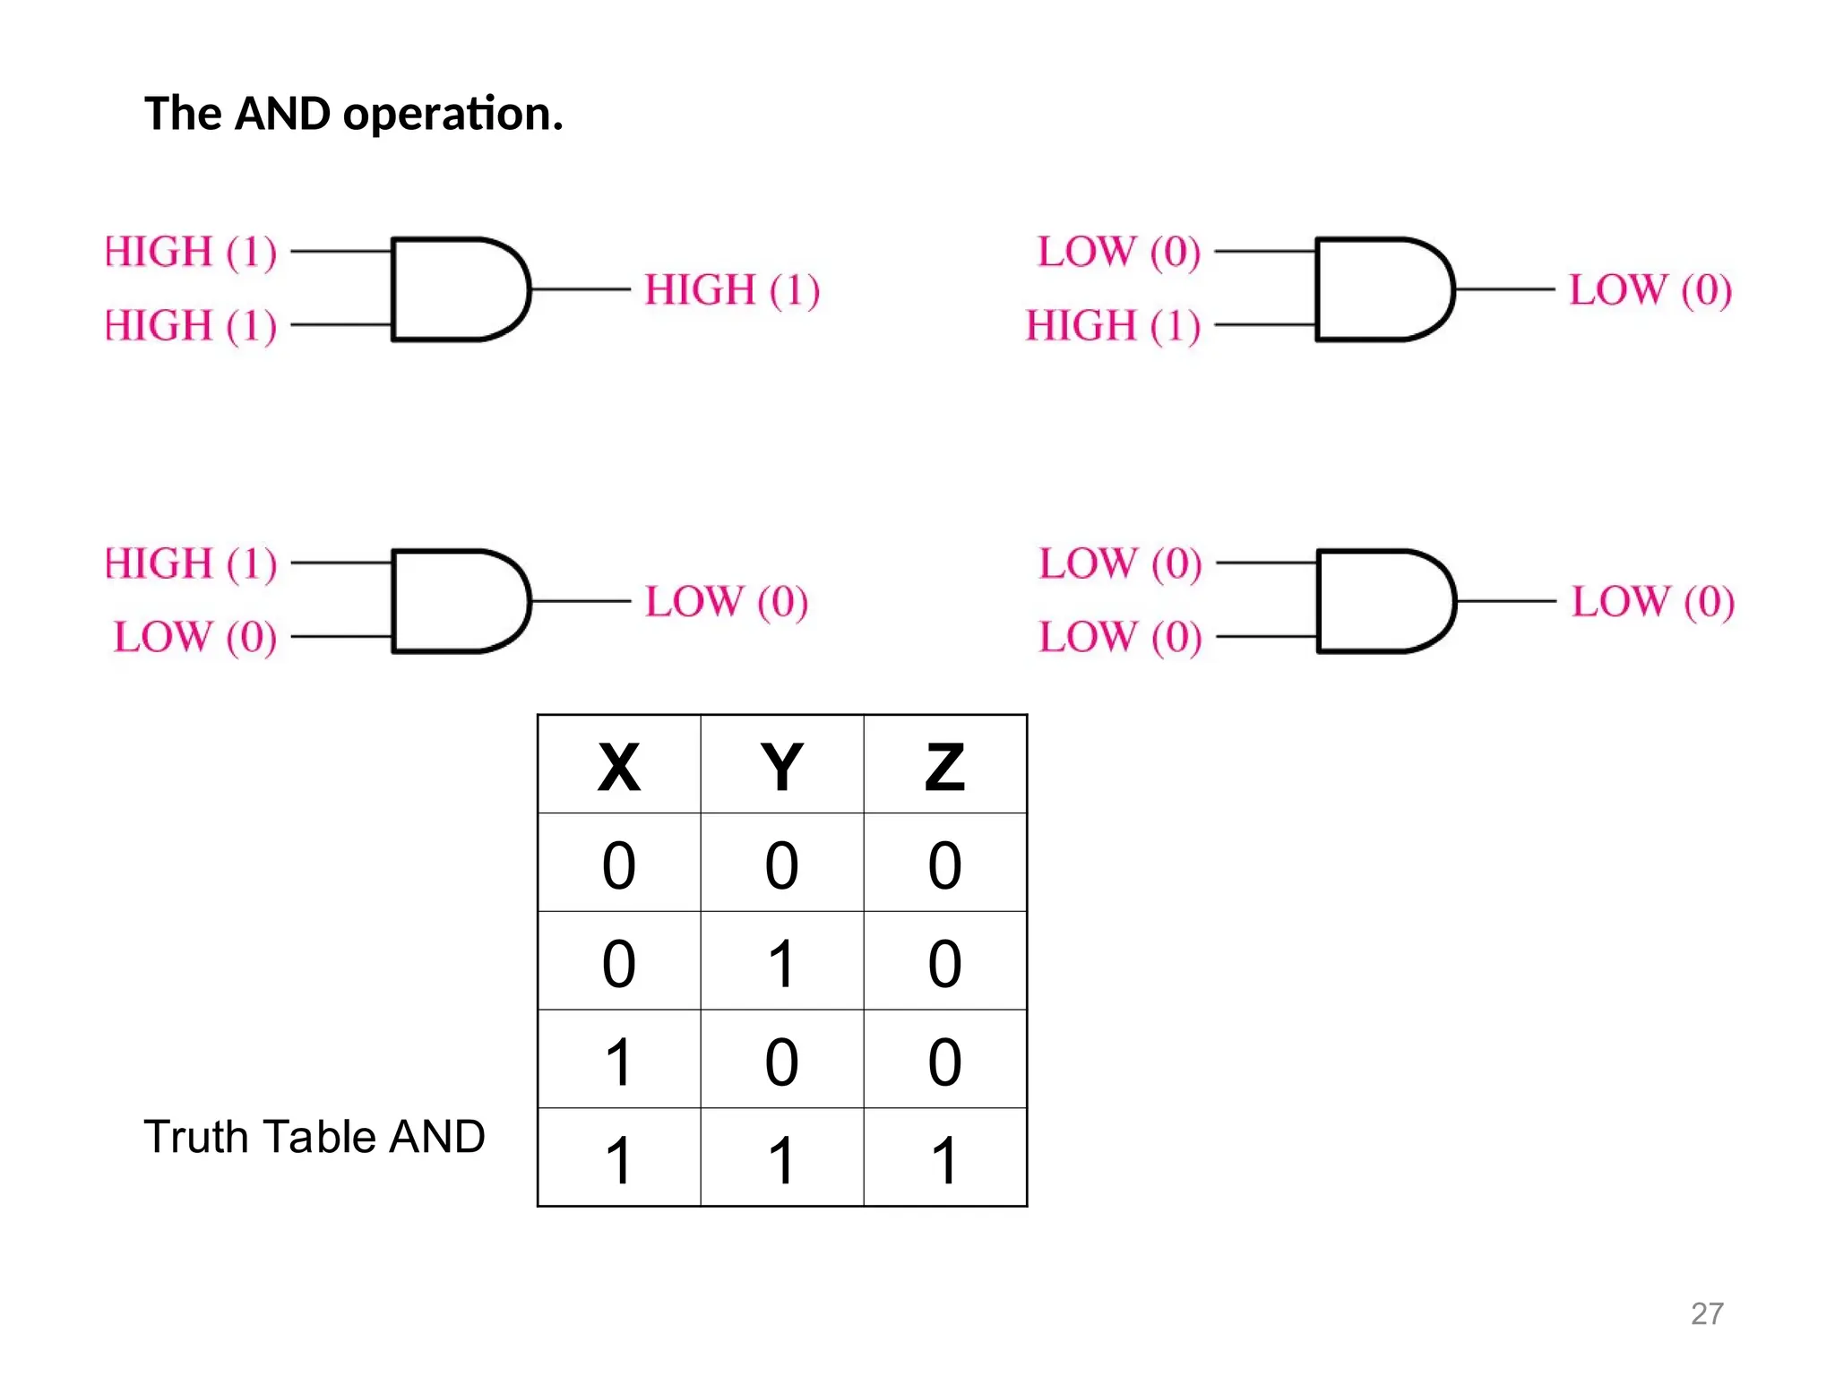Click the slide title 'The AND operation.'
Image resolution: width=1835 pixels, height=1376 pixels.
[353, 114]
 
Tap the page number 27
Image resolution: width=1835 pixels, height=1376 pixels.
[1706, 1313]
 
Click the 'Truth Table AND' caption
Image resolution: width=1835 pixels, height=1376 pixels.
[314, 1136]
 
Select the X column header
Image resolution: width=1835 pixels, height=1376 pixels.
[618, 767]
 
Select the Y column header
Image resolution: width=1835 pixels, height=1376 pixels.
[781, 767]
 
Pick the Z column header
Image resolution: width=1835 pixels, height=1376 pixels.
[944, 767]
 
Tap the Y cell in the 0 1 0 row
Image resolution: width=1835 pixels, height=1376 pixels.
[781, 963]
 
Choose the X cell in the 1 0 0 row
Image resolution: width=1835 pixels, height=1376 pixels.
[618, 1062]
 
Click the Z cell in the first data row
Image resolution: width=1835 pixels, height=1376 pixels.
[944, 864]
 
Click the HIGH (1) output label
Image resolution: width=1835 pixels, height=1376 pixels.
[732, 289]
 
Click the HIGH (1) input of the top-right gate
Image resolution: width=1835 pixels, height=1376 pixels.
[1112, 325]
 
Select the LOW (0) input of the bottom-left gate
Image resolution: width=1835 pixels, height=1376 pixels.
[195, 637]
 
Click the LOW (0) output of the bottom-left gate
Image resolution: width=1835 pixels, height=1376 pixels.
[727, 601]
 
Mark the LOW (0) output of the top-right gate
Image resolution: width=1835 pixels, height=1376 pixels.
[1650, 289]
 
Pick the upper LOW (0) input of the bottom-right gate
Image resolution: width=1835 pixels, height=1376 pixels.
[1120, 563]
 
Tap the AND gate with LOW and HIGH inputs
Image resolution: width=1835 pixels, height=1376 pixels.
[1383, 289]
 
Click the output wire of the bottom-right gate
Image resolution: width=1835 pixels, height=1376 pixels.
[1505, 601]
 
